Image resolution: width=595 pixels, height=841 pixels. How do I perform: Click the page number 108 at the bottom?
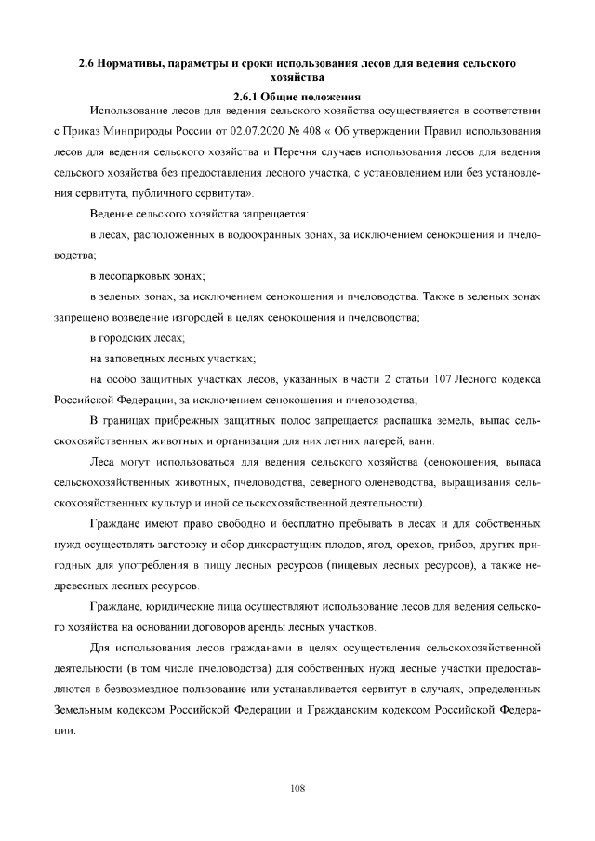(x=297, y=788)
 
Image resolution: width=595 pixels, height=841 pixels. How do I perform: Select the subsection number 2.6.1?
(x=246, y=96)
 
